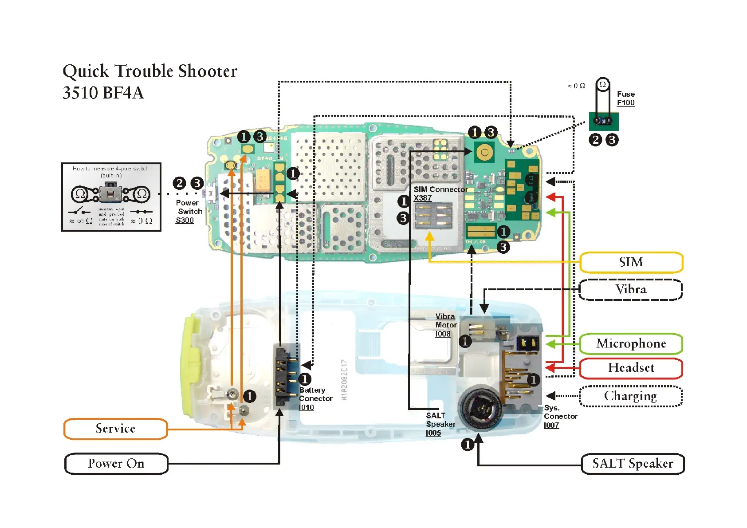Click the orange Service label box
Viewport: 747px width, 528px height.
pos(115,429)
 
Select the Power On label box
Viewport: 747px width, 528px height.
pos(116,464)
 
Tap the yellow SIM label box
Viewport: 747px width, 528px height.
pos(631,262)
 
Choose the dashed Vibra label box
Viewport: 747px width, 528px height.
pos(631,290)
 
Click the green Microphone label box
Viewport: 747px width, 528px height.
pos(631,344)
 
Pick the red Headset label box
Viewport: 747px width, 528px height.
pos(631,368)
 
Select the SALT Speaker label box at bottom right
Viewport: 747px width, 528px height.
pos(633,464)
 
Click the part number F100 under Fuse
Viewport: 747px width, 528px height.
pos(625,103)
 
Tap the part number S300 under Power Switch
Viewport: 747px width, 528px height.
pos(185,221)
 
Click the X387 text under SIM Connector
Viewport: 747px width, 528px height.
pos(422,198)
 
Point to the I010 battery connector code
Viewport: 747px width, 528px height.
pos(306,407)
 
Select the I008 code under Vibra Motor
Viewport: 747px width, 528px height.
pos(443,334)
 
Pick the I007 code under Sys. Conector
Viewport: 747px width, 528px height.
pos(551,425)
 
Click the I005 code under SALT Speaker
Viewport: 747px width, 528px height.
pos(433,433)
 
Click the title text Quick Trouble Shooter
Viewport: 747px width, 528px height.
pos(150,71)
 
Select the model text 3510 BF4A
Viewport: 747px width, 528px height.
pos(103,93)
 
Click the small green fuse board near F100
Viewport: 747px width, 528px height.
pos(603,121)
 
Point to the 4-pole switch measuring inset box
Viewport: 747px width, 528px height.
pos(111,197)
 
